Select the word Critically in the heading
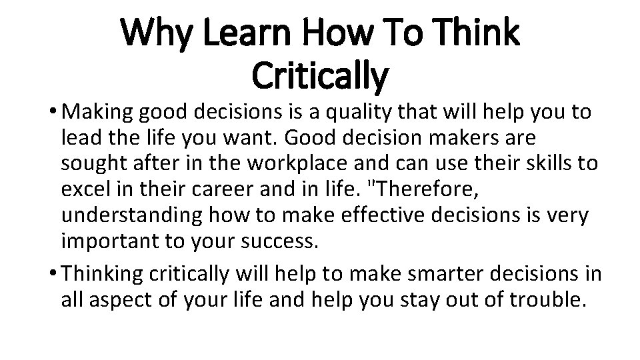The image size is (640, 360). pyautogui.click(x=319, y=75)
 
